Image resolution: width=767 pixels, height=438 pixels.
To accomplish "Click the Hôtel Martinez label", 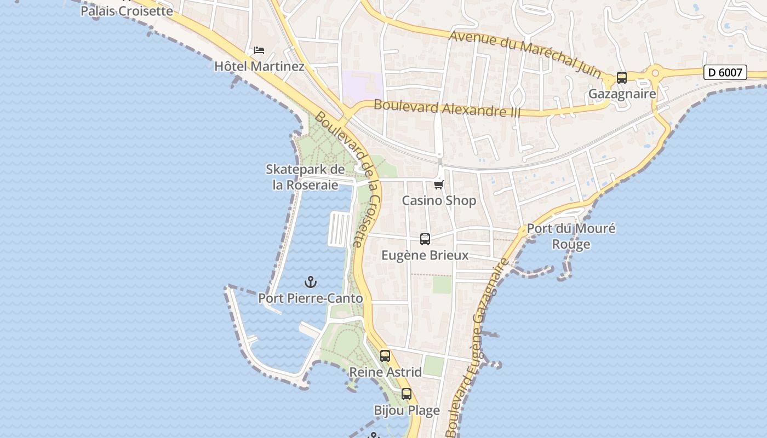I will tap(259, 67).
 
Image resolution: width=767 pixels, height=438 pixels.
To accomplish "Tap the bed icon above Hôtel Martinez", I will tap(259, 50).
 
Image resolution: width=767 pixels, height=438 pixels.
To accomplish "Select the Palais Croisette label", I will tap(127, 11).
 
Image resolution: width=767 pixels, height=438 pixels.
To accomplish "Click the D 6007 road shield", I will tap(725, 72).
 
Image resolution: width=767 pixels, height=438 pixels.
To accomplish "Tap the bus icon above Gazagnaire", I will tap(621, 78).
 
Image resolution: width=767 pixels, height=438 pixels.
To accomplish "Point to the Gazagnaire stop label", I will tap(622, 94).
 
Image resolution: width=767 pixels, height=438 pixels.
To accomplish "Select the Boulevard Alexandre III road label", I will tap(448, 107).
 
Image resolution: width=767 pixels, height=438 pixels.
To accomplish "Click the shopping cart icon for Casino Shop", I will tap(439, 185).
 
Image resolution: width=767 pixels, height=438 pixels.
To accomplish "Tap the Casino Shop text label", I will tap(439, 200).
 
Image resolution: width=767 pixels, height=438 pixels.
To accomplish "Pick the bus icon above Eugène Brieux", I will tap(425, 239).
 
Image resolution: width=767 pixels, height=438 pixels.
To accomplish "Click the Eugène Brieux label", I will tap(425, 255).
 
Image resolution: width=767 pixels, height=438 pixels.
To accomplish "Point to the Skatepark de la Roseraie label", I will tap(305, 177).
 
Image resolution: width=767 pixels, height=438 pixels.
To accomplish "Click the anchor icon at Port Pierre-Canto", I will tap(311, 283).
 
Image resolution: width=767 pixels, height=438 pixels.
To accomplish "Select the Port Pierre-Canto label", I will tap(311, 298).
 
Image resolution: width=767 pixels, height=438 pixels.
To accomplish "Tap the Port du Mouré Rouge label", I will tap(571, 236).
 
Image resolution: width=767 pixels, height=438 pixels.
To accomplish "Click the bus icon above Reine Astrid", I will tap(385, 356).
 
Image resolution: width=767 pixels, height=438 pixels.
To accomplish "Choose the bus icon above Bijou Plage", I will tap(407, 394).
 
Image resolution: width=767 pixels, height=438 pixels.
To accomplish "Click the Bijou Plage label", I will tap(407, 410).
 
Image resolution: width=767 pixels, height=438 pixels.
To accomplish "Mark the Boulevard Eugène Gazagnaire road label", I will tap(475, 348).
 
